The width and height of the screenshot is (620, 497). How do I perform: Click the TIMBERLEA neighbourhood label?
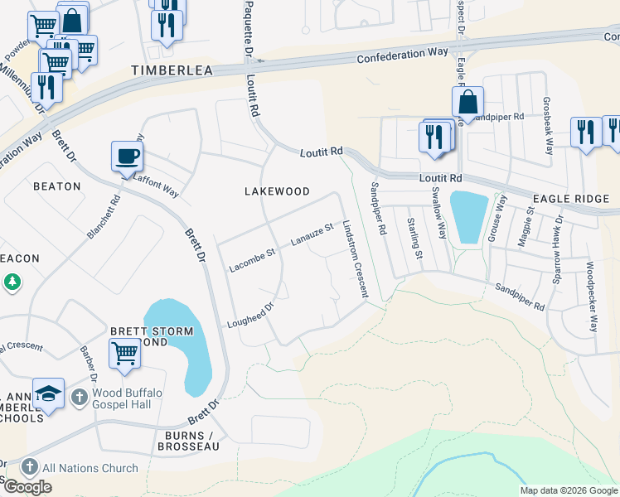[173, 71]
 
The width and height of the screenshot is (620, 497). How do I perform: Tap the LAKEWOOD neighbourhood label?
[277, 191]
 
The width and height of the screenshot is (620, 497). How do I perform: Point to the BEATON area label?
[57, 186]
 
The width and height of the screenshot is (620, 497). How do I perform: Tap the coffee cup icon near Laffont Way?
[127, 157]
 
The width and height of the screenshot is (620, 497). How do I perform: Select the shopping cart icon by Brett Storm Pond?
[124, 355]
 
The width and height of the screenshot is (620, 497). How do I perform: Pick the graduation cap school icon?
[48, 393]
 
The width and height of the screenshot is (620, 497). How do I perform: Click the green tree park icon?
[12, 282]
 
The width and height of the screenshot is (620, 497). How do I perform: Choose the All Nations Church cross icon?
[30, 468]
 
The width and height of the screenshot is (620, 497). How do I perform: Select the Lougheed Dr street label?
[250, 316]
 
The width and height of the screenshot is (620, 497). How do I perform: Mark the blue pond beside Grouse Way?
[467, 217]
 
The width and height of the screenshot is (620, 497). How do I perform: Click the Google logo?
[27, 487]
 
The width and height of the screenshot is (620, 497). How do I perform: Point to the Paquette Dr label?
[248, 30]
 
